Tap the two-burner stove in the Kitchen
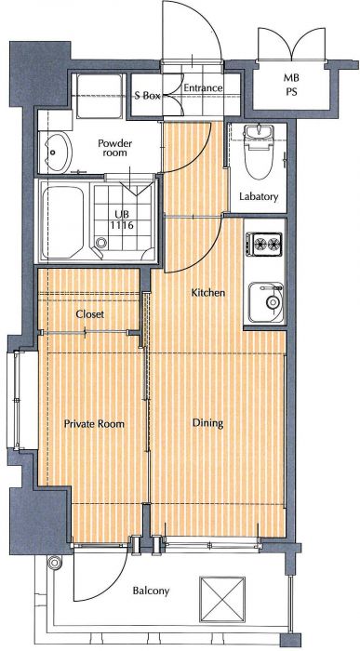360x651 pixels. pyautogui.click(x=263, y=244)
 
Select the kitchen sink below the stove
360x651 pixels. pyautogui.click(x=266, y=302)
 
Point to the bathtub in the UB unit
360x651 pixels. pyautogui.click(x=63, y=222)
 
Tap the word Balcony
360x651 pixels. pyautogui.click(x=151, y=591)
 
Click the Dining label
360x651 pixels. pyautogui.click(x=207, y=423)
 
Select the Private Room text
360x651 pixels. pyautogui.click(x=94, y=424)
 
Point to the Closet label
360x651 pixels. pyautogui.click(x=89, y=314)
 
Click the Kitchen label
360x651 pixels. pyautogui.click(x=208, y=293)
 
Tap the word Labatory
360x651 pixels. pyautogui.click(x=259, y=196)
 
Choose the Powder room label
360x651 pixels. pyautogui.click(x=115, y=148)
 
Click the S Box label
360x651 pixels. pyautogui.click(x=147, y=96)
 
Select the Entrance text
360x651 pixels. pyautogui.click(x=203, y=88)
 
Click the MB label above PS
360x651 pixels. pyautogui.click(x=291, y=77)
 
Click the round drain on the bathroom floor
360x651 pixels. pyautogui.click(x=100, y=243)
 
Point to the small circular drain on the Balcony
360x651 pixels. pyautogui.click(x=54, y=563)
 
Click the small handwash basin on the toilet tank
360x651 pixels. pyautogui.click(x=258, y=132)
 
